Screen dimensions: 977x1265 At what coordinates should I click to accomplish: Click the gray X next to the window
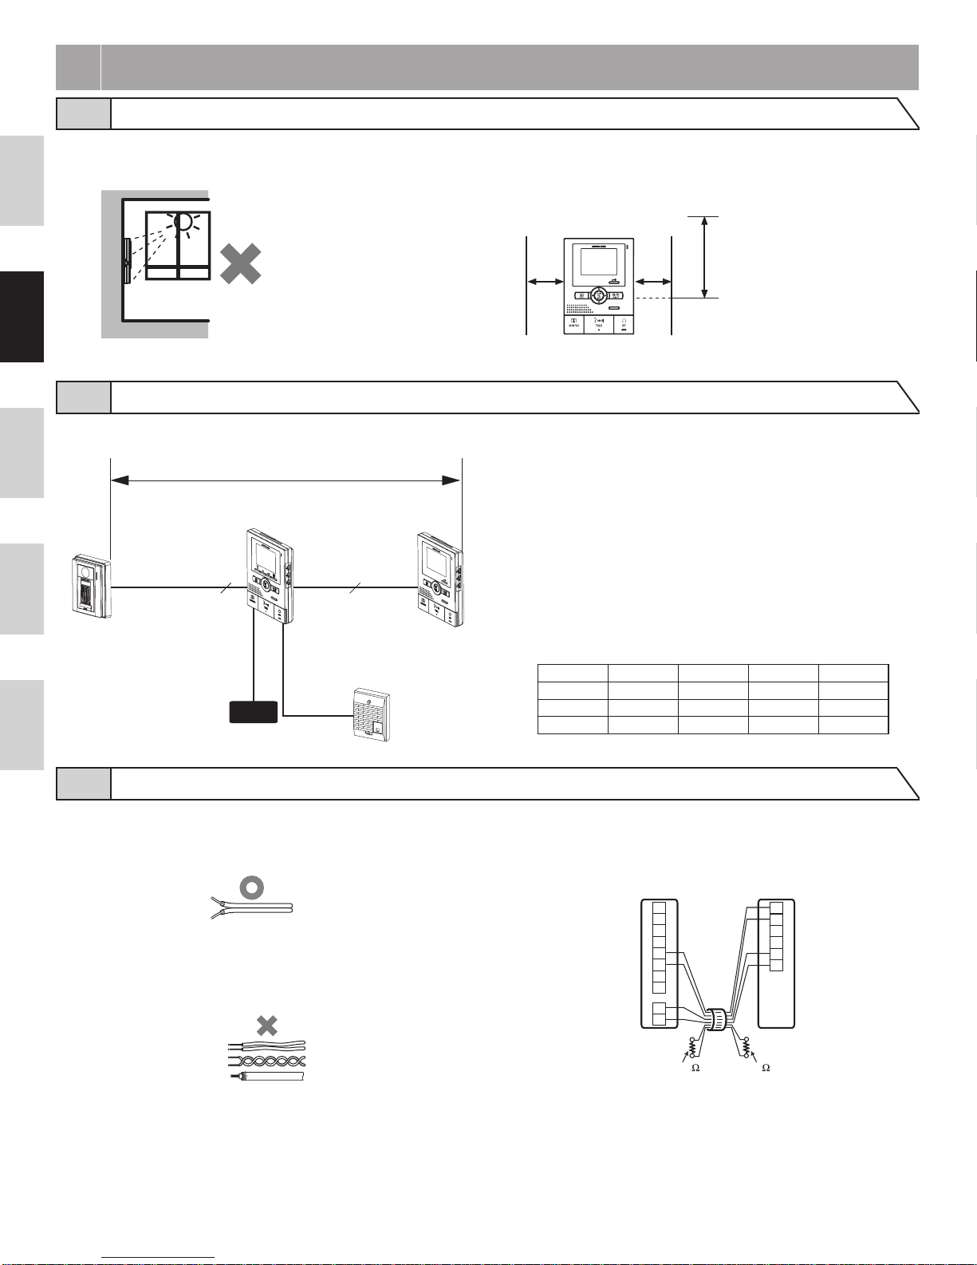point(240,263)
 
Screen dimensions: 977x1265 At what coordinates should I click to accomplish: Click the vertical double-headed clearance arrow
point(703,257)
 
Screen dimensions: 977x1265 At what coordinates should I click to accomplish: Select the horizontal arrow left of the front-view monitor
point(546,281)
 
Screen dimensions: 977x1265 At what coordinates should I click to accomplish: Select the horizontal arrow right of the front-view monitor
point(652,281)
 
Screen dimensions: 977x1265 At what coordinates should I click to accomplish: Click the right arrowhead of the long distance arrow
point(451,480)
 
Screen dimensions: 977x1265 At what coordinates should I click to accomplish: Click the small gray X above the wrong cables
point(266,1025)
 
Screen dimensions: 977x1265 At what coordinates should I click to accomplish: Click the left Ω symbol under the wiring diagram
point(695,1068)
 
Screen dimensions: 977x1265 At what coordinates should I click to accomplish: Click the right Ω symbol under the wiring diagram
point(766,1068)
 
